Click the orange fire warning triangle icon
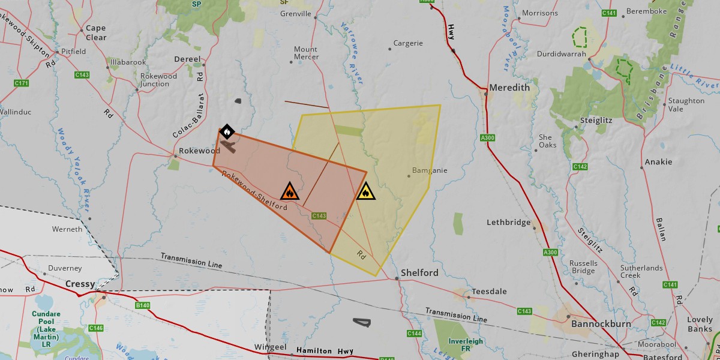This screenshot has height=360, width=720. (289, 191)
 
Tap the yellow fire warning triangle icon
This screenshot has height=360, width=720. (365, 192)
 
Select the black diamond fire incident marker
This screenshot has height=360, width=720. (227, 131)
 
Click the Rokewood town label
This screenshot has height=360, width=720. (200, 151)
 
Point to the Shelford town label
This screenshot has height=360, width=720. (419, 272)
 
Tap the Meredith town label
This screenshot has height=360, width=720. (509, 88)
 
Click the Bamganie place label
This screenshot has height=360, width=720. (430, 170)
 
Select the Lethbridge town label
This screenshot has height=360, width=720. (508, 222)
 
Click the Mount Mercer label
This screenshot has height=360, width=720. (305, 53)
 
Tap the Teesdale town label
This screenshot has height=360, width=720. (489, 292)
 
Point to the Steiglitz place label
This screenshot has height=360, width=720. (596, 120)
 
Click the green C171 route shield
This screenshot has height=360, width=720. (22, 83)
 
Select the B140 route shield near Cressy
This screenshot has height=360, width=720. (143, 305)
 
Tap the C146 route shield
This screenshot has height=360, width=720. (95, 328)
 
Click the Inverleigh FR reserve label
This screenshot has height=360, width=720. (466, 345)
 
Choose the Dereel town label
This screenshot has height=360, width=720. (186, 59)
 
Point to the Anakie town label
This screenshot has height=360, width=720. (658, 162)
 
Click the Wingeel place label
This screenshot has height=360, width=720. (270, 347)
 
